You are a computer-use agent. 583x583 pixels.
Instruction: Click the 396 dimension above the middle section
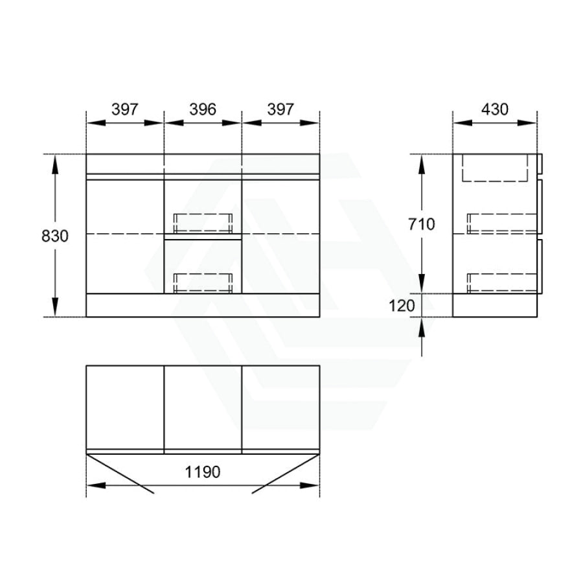pos(203,109)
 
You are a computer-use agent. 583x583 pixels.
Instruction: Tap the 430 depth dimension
pos(494,109)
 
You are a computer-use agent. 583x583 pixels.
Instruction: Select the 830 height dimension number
pos(55,236)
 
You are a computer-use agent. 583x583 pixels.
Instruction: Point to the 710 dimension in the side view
pos(422,224)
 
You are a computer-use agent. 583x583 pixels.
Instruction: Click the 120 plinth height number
pos(402,306)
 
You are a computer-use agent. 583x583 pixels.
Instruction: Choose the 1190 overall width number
pos(203,472)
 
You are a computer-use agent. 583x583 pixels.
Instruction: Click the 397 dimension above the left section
pos(125,109)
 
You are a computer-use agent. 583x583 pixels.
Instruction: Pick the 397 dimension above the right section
pos(280,109)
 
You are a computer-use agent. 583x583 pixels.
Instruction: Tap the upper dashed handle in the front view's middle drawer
pos(203,223)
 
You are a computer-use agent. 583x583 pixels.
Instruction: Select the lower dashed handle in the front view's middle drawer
pos(203,283)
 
